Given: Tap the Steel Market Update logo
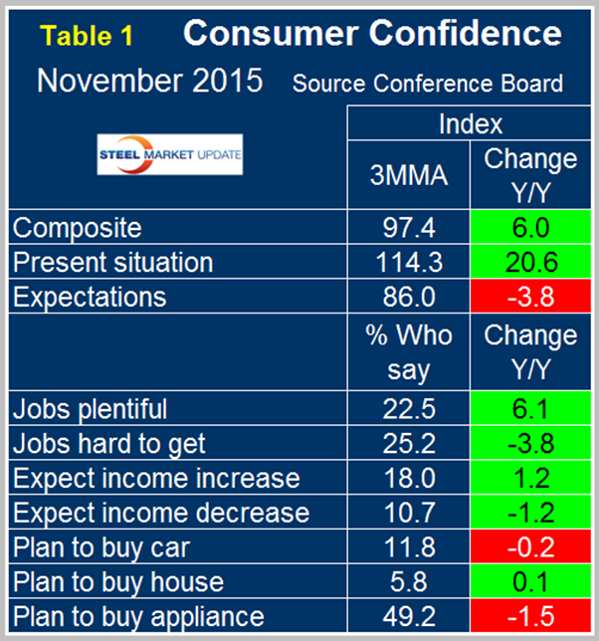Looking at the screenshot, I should point(170,156).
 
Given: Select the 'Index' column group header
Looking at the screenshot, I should point(470,124).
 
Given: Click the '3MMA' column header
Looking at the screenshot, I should point(408,175).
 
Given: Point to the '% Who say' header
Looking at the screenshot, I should point(408,352).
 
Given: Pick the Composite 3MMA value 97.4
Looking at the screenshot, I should point(408,229).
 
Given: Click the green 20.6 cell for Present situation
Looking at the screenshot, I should point(529,263).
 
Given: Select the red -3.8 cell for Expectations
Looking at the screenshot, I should point(529,297).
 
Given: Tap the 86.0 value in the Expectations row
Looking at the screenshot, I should point(408,297).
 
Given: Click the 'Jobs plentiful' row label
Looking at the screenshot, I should point(90,408).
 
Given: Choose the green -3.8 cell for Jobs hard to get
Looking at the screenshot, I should point(529,443).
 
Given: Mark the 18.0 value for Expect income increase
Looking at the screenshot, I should point(408,478).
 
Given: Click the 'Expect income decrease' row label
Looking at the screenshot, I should point(160,513).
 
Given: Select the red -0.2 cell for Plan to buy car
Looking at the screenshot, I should point(529,546).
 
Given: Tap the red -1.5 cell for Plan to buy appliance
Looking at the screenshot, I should point(529,615).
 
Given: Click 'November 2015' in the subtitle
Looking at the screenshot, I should point(149,81).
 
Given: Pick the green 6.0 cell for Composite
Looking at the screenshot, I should point(529,229).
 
